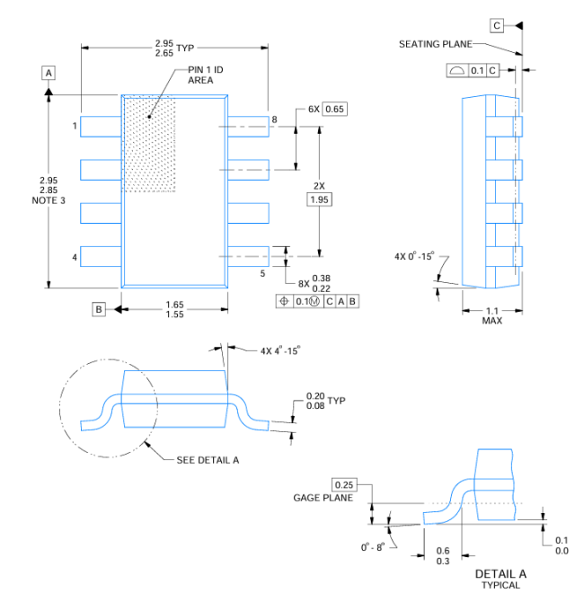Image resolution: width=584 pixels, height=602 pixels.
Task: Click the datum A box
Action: [49, 71]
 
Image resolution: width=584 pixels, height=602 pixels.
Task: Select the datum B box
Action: [99, 309]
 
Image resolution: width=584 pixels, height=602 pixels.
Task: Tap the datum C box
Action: [498, 25]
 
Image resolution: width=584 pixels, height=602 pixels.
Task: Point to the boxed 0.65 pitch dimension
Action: [335, 109]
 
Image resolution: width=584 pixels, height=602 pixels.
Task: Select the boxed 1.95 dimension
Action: [319, 199]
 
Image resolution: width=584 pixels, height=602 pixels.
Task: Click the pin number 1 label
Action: [75, 126]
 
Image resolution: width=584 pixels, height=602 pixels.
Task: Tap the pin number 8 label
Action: [274, 119]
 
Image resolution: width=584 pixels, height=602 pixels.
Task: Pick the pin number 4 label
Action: [75, 259]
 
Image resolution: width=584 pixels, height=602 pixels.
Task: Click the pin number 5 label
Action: [262, 272]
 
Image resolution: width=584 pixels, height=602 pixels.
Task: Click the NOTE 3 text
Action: [49, 200]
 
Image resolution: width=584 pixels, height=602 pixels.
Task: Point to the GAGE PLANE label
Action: [323, 498]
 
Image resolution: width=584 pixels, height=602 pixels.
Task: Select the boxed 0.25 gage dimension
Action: [343, 484]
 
